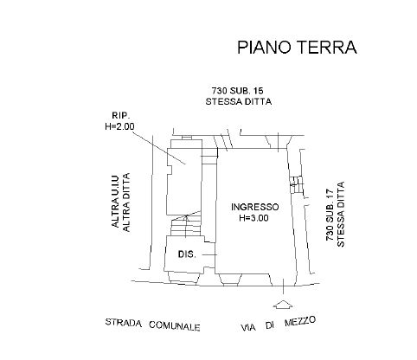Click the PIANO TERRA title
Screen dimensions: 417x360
click(297, 48)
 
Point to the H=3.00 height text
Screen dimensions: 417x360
click(253, 218)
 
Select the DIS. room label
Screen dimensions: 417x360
click(187, 254)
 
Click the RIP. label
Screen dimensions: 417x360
click(121, 116)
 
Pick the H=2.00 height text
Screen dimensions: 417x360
click(119, 126)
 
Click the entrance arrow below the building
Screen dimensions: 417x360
click(283, 305)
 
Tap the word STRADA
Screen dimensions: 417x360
click(124, 323)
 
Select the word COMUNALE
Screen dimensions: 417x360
click(175, 325)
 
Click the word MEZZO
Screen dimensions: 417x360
click(300, 321)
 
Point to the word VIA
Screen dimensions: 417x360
click(248, 328)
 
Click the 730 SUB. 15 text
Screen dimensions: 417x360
click(238, 91)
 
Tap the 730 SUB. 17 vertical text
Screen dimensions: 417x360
click(330, 215)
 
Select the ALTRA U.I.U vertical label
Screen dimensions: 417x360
click(115, 202)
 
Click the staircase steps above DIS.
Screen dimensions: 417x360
click(186, 224)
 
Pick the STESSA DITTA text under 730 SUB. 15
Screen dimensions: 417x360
click(239, 101)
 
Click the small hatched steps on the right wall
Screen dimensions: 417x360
click(297, 184)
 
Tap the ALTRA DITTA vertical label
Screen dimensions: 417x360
click(126, 202)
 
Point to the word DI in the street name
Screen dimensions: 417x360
click(270, 325)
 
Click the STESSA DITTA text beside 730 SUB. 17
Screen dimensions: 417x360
click(341, 214)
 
